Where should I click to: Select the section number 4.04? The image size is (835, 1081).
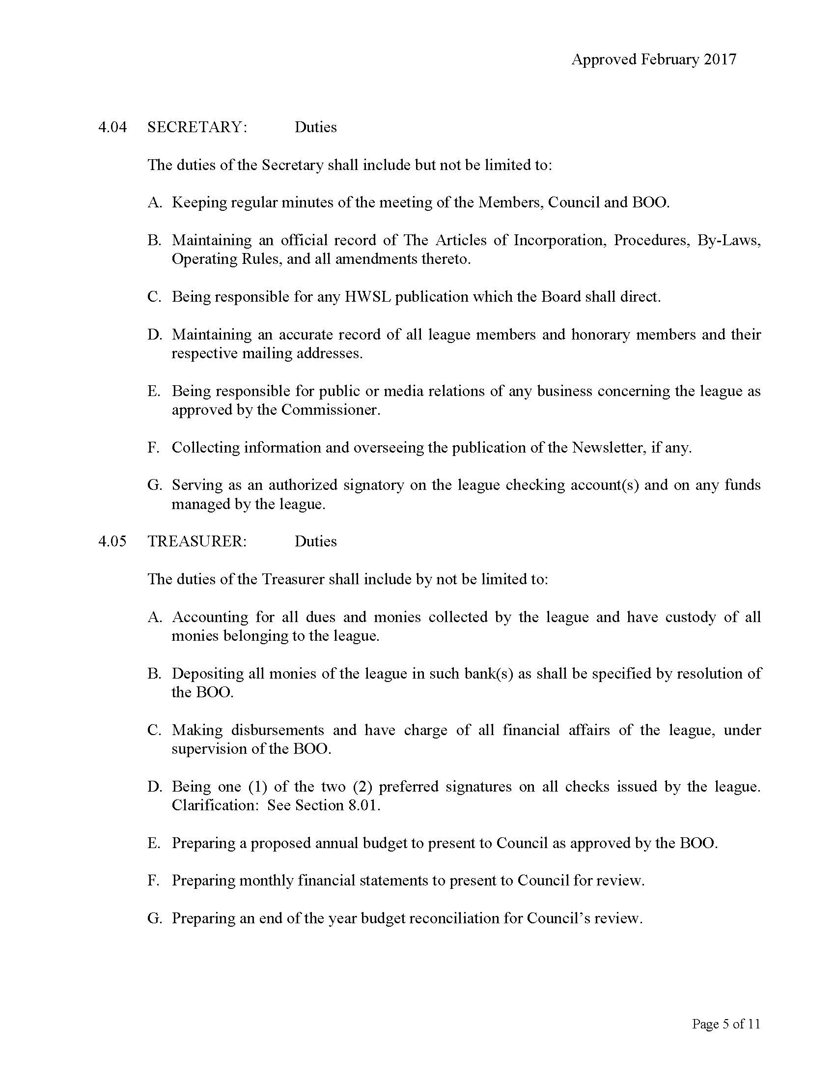[112, 127]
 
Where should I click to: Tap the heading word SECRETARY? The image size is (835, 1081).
[197, 127]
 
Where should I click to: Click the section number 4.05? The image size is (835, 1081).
[112, 541]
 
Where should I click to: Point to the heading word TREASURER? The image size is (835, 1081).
[197, 541]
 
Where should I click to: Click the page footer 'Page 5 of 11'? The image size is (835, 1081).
[725, 1024]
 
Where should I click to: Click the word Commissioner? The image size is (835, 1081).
[330, 410]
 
